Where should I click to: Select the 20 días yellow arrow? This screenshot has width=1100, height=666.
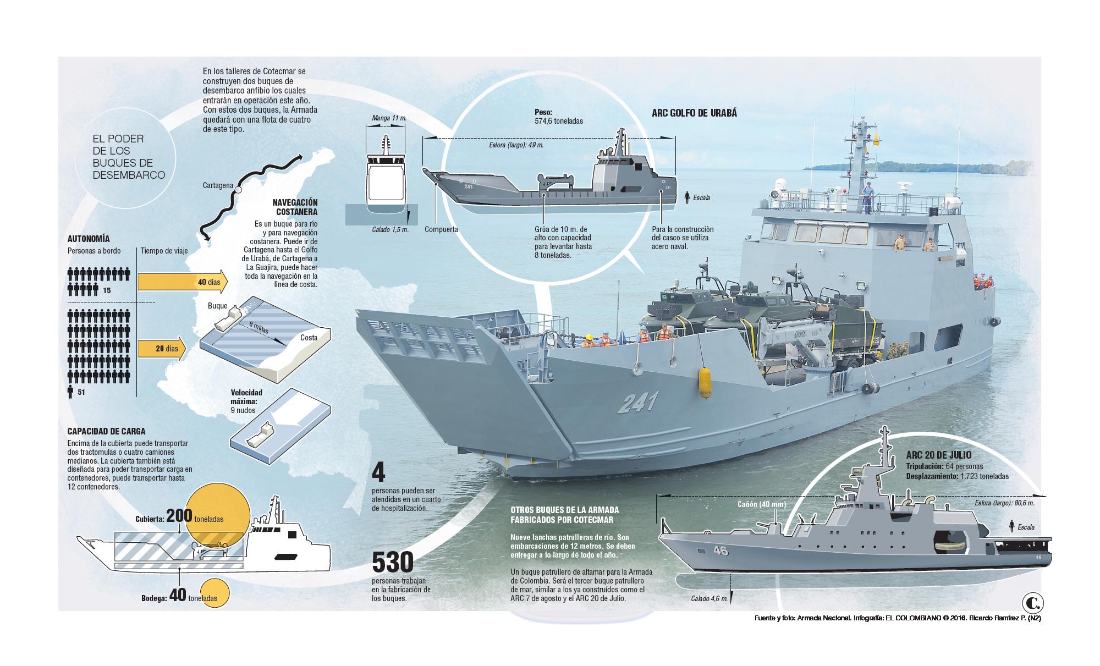161,349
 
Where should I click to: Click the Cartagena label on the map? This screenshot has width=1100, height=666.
217,185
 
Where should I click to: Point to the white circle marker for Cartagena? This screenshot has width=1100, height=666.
238,190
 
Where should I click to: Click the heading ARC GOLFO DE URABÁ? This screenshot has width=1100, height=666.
694,113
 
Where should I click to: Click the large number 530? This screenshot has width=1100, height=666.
392,563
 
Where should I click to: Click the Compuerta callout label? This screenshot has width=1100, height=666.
441,229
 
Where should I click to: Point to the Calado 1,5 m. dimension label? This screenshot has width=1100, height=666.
390,230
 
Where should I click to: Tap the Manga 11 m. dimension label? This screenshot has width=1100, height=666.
389,118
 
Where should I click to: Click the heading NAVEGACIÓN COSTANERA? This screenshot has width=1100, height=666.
295,207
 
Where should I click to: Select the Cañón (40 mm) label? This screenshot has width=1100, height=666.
762,504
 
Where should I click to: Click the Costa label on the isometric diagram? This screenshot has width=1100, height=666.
309,338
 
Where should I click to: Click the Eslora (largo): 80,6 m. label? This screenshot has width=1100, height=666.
1007,503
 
